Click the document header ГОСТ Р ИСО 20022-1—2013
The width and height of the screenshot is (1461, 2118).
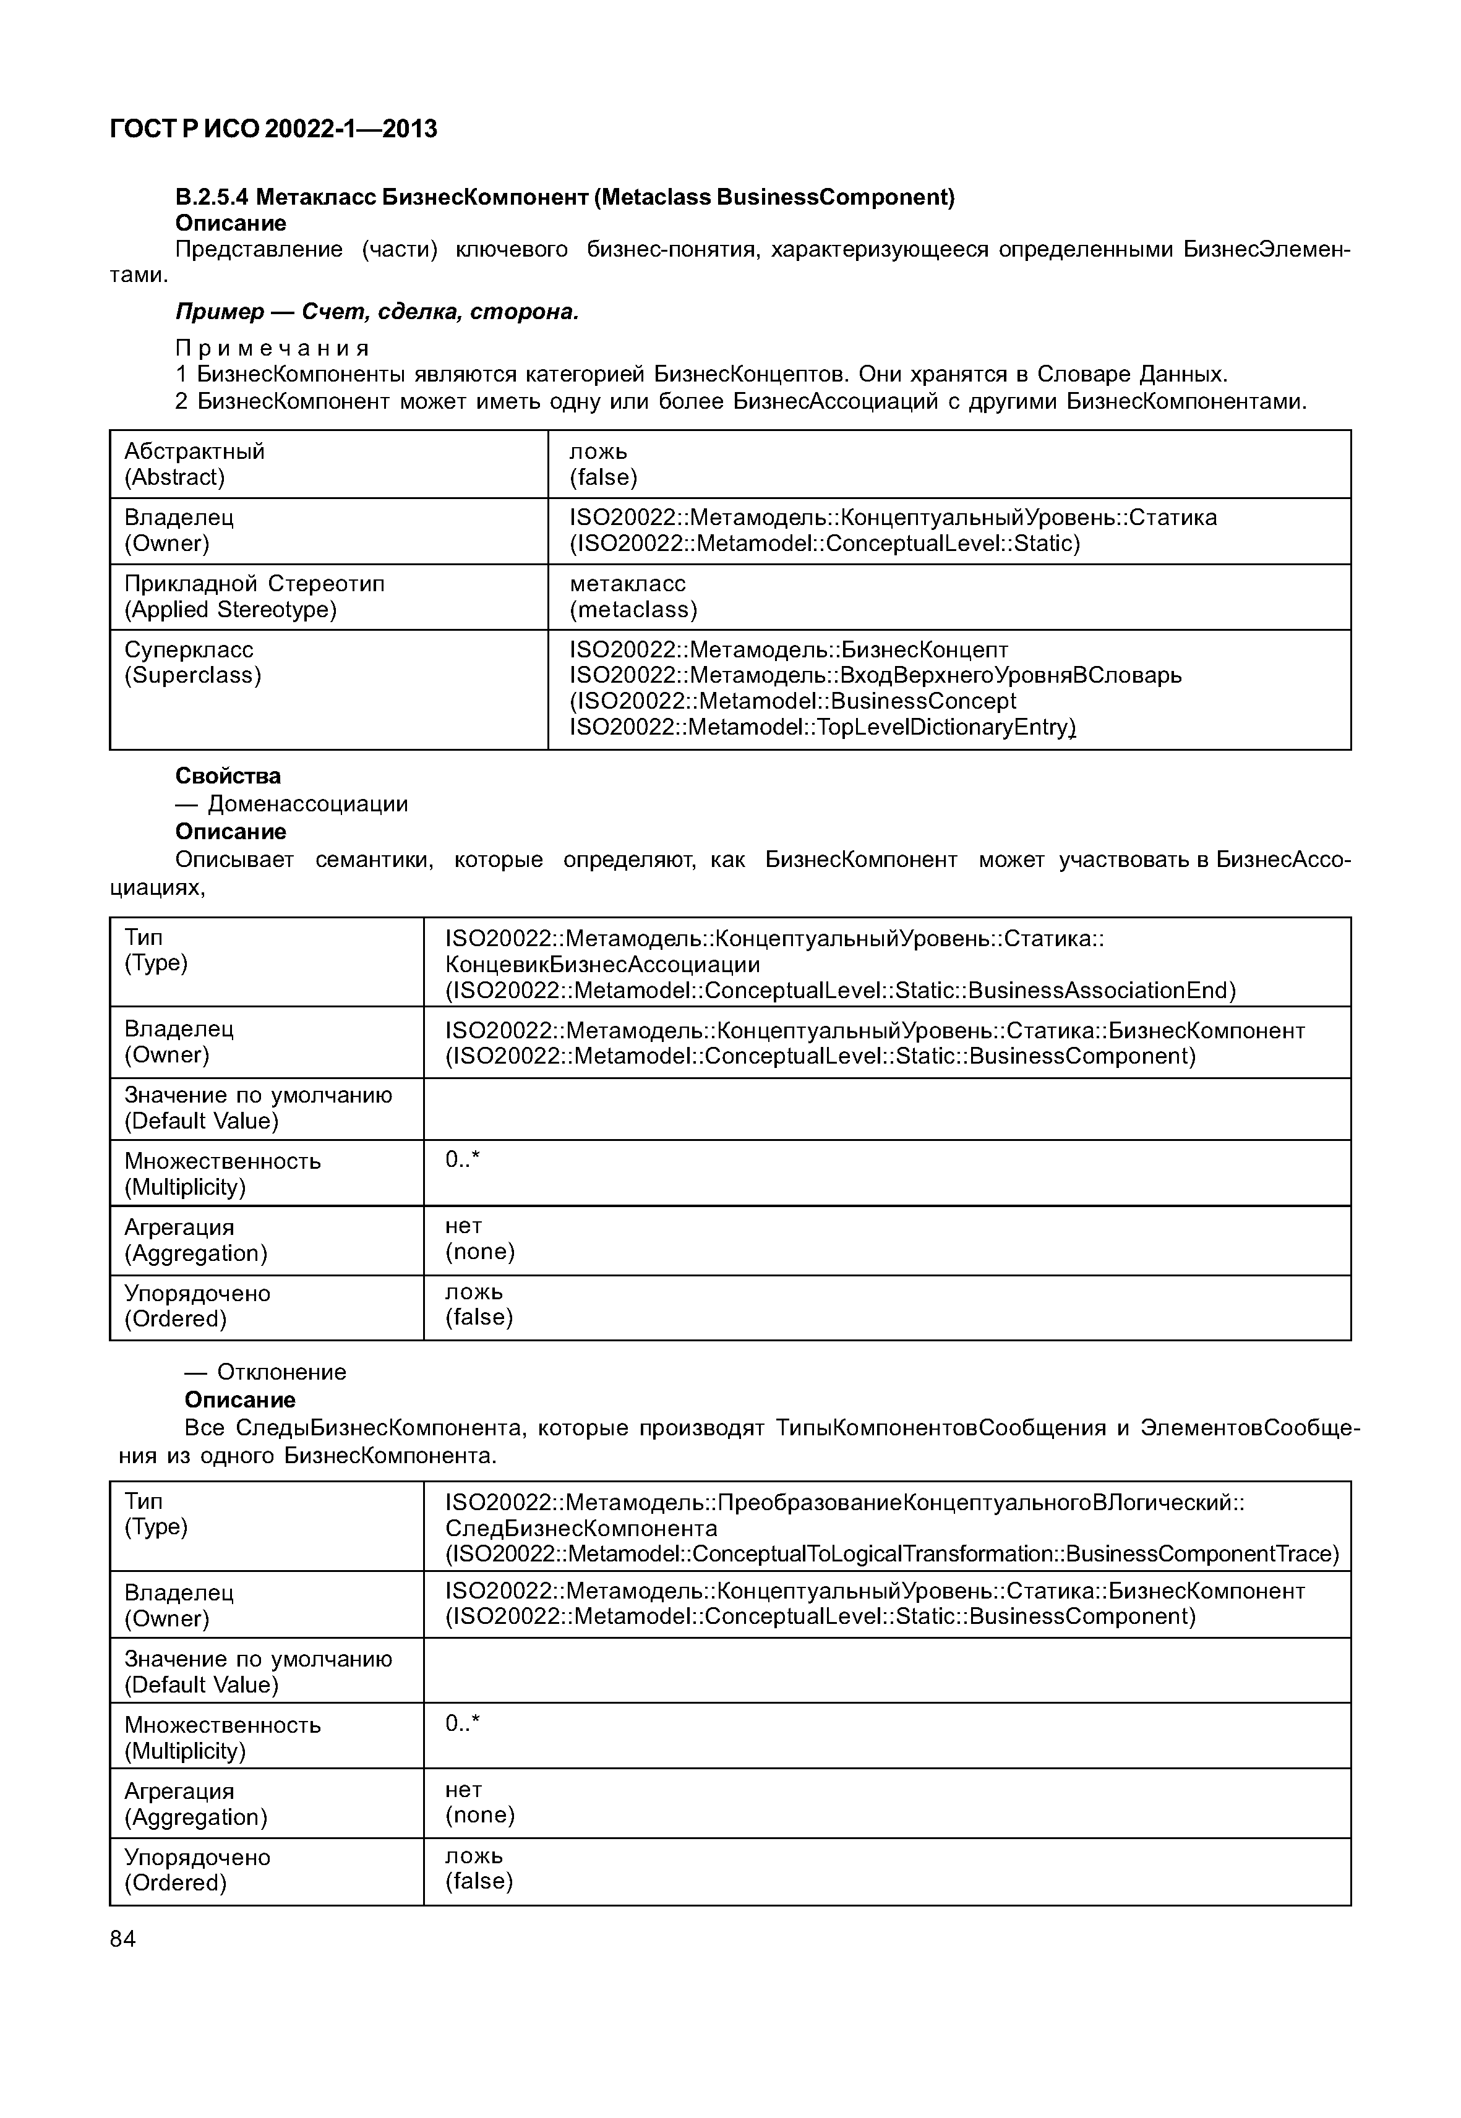273,129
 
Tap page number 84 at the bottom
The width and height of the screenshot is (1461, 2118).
122,1939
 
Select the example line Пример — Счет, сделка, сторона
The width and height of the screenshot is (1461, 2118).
377,312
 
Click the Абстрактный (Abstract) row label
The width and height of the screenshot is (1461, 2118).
194,464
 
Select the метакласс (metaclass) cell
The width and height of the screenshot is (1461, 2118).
633,597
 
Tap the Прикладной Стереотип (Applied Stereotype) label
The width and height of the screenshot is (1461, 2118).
254,597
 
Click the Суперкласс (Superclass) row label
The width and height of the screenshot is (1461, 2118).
192,663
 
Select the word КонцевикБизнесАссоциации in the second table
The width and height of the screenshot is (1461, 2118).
602,965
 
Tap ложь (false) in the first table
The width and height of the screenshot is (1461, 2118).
602,464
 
